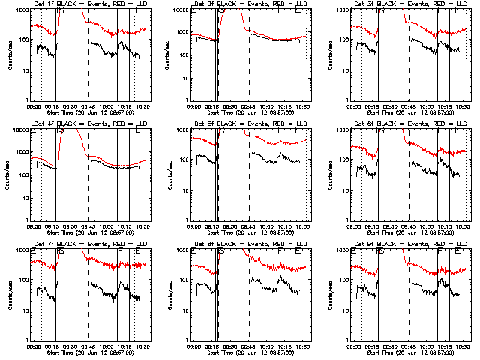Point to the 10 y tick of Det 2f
click(187, 70)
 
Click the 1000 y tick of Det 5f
click(183, 130)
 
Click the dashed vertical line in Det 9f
click(409, 300)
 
